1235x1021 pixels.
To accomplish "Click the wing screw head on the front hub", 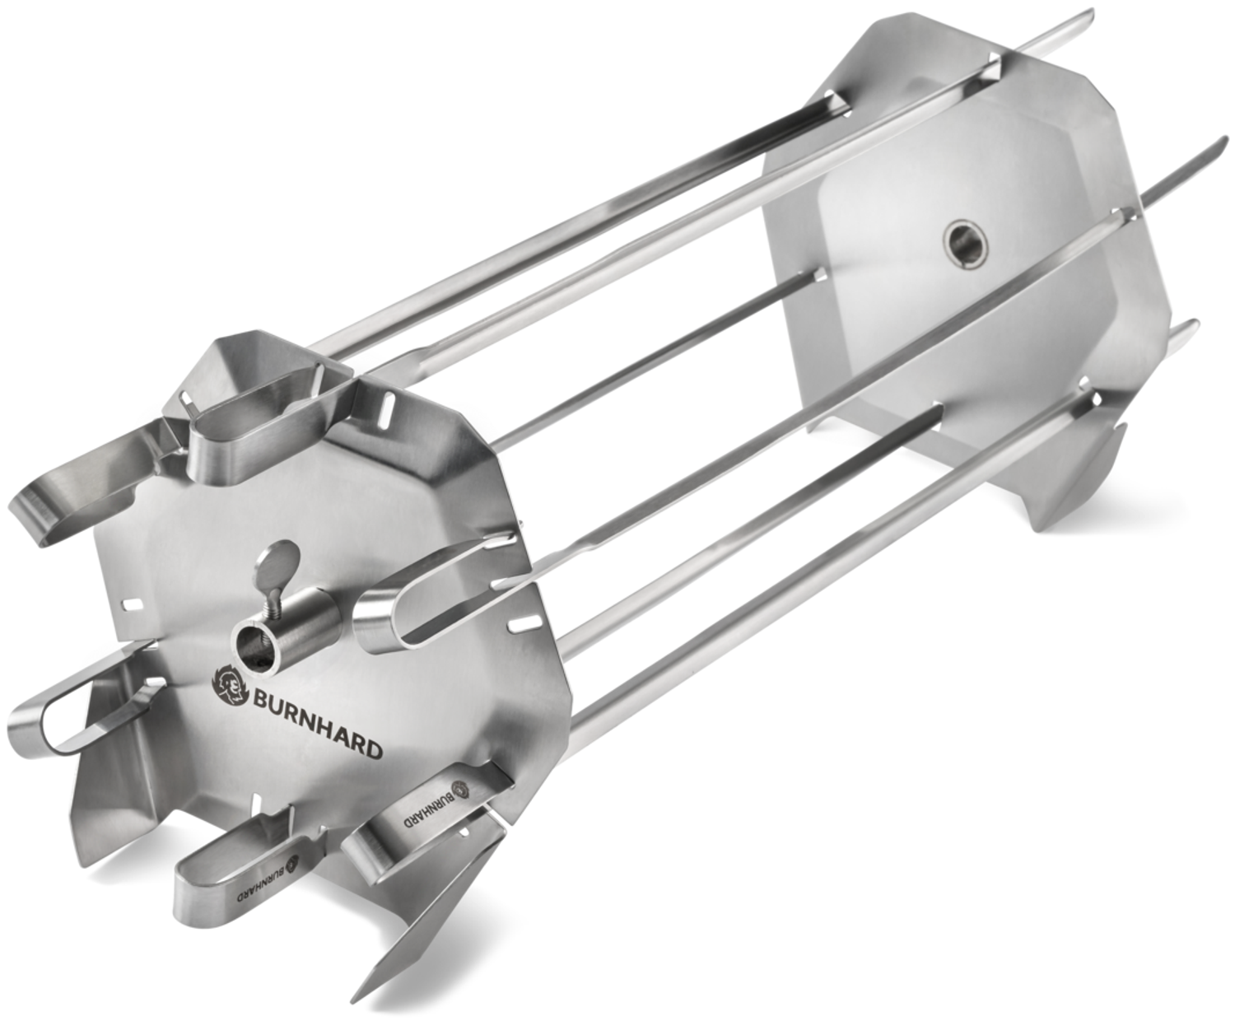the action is (x=270, y=560).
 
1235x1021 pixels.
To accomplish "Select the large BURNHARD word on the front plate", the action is (x=316, y=724).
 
